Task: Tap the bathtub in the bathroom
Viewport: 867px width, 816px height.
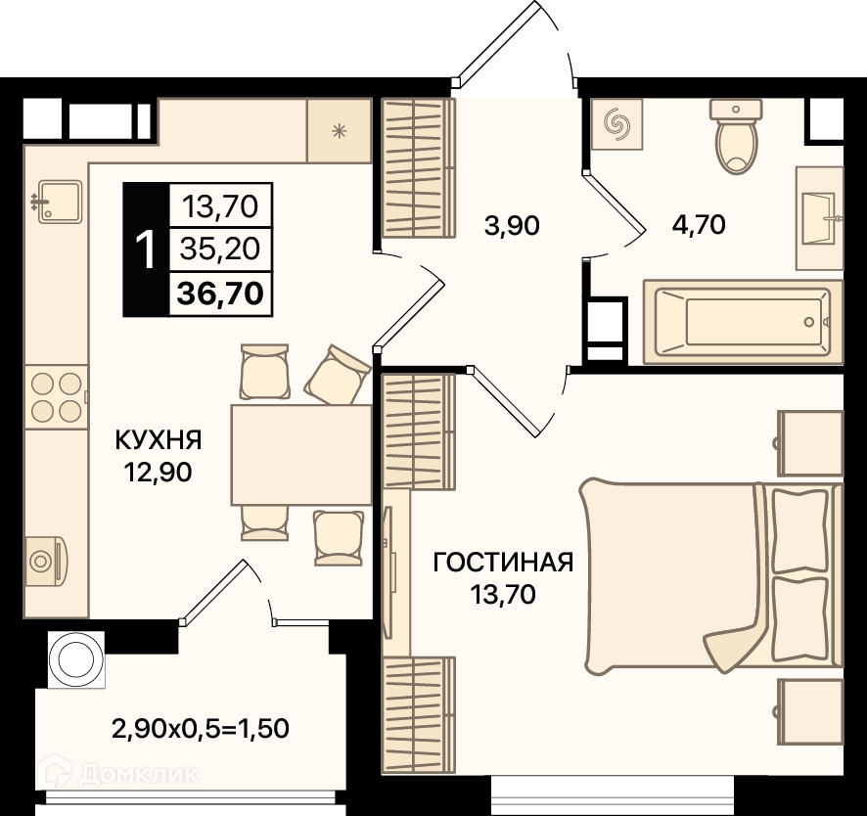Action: [743, 322]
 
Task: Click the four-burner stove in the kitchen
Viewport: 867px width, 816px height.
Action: [57, 396]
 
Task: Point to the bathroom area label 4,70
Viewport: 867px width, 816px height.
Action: [699, 225]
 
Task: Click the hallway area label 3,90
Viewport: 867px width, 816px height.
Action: [512, 226]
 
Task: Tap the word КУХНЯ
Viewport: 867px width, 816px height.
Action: [159, 440]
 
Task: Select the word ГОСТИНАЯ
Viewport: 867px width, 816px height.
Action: [503, 563]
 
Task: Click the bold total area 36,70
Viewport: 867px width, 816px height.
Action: [220, 293]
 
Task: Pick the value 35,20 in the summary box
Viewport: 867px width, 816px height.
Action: [220, 249]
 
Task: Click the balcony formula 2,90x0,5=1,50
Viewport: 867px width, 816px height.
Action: [201, 729]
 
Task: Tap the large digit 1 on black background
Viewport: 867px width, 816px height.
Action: [147, 249]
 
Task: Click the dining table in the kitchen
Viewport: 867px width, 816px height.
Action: [301, 454]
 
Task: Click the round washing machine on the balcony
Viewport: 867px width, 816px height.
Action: [76, 660]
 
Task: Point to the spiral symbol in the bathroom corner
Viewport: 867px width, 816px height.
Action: [617, 124]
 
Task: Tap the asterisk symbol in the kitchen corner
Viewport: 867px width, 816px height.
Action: [339, 131]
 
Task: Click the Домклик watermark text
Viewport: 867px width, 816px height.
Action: [139, 775]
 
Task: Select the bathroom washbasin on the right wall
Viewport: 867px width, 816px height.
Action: [820, 218]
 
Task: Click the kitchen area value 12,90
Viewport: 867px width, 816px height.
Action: [159, 473]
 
